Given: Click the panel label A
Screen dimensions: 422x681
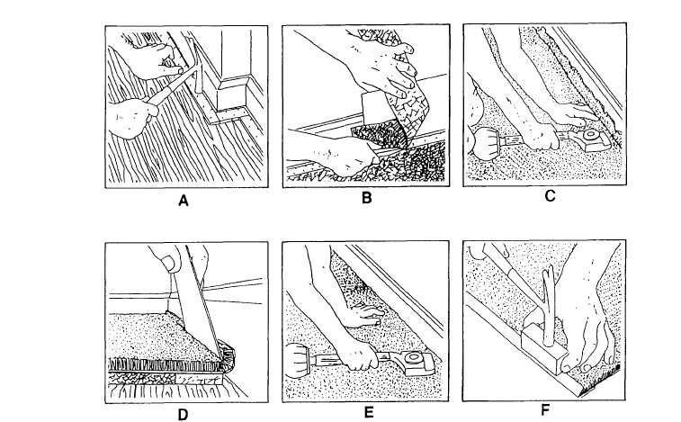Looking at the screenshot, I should (184, 202).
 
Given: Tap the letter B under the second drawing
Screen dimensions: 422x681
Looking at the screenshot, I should (366, 199).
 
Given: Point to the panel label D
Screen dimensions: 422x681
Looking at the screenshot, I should (184, 416).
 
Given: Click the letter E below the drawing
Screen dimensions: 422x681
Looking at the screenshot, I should (367, 414).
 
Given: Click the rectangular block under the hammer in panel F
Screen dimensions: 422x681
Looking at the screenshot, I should (542, 350).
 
